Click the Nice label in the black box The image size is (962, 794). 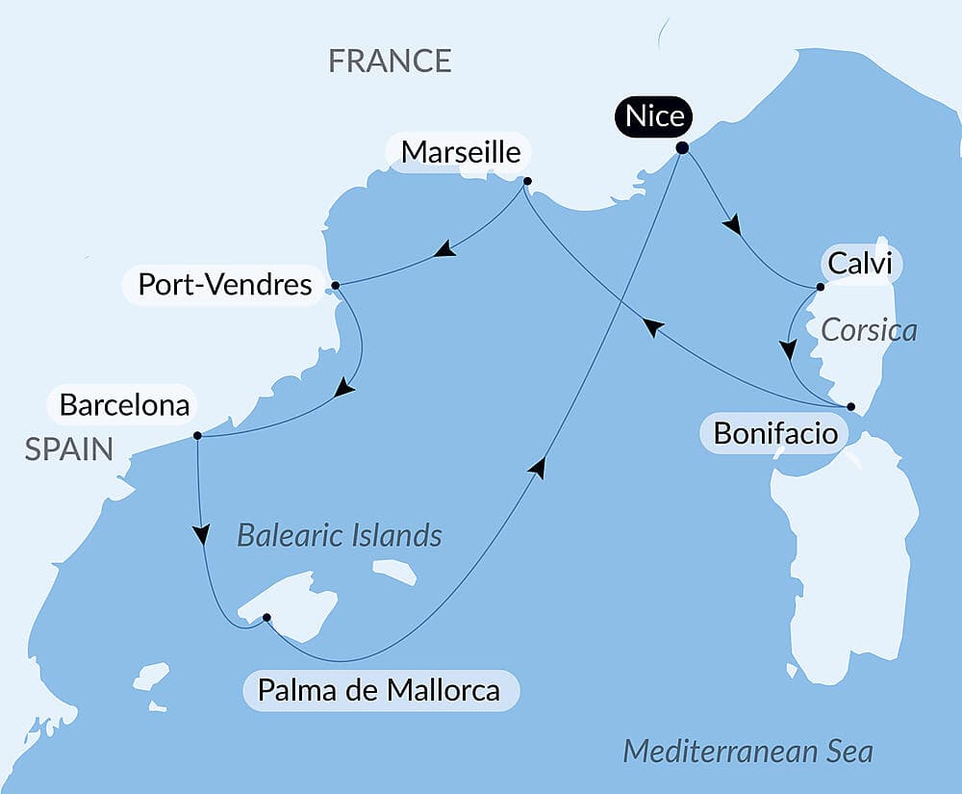pos(654,117)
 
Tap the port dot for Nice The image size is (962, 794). pos(682,148)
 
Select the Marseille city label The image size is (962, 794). pos(461,152)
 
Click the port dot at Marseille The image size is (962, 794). pos(527,180)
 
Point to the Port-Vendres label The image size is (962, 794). pos(225,285)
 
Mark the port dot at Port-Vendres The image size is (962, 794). pos(335,286)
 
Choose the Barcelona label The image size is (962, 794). pos(124,405)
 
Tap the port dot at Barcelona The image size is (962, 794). pos(197,435)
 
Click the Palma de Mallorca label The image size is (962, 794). pos(379,690)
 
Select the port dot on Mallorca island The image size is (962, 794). pos(266,617)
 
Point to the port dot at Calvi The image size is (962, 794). pos(820,287)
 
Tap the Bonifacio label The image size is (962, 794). pos(775,434)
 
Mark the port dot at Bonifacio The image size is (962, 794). pos(850,406)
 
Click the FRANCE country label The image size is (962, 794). pos(390,61)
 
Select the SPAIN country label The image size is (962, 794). pos(68,448)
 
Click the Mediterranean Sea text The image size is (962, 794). pos(747,751)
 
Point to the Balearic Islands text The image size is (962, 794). pos(340,535)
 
